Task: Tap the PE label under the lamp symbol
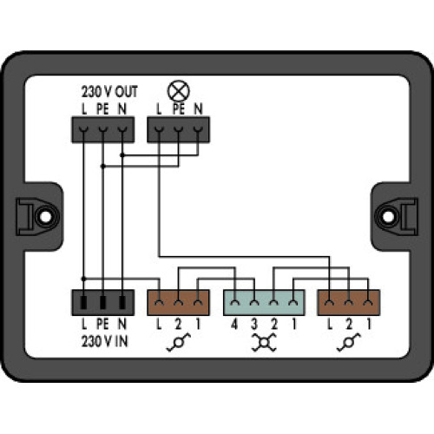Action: pos(180,108)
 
